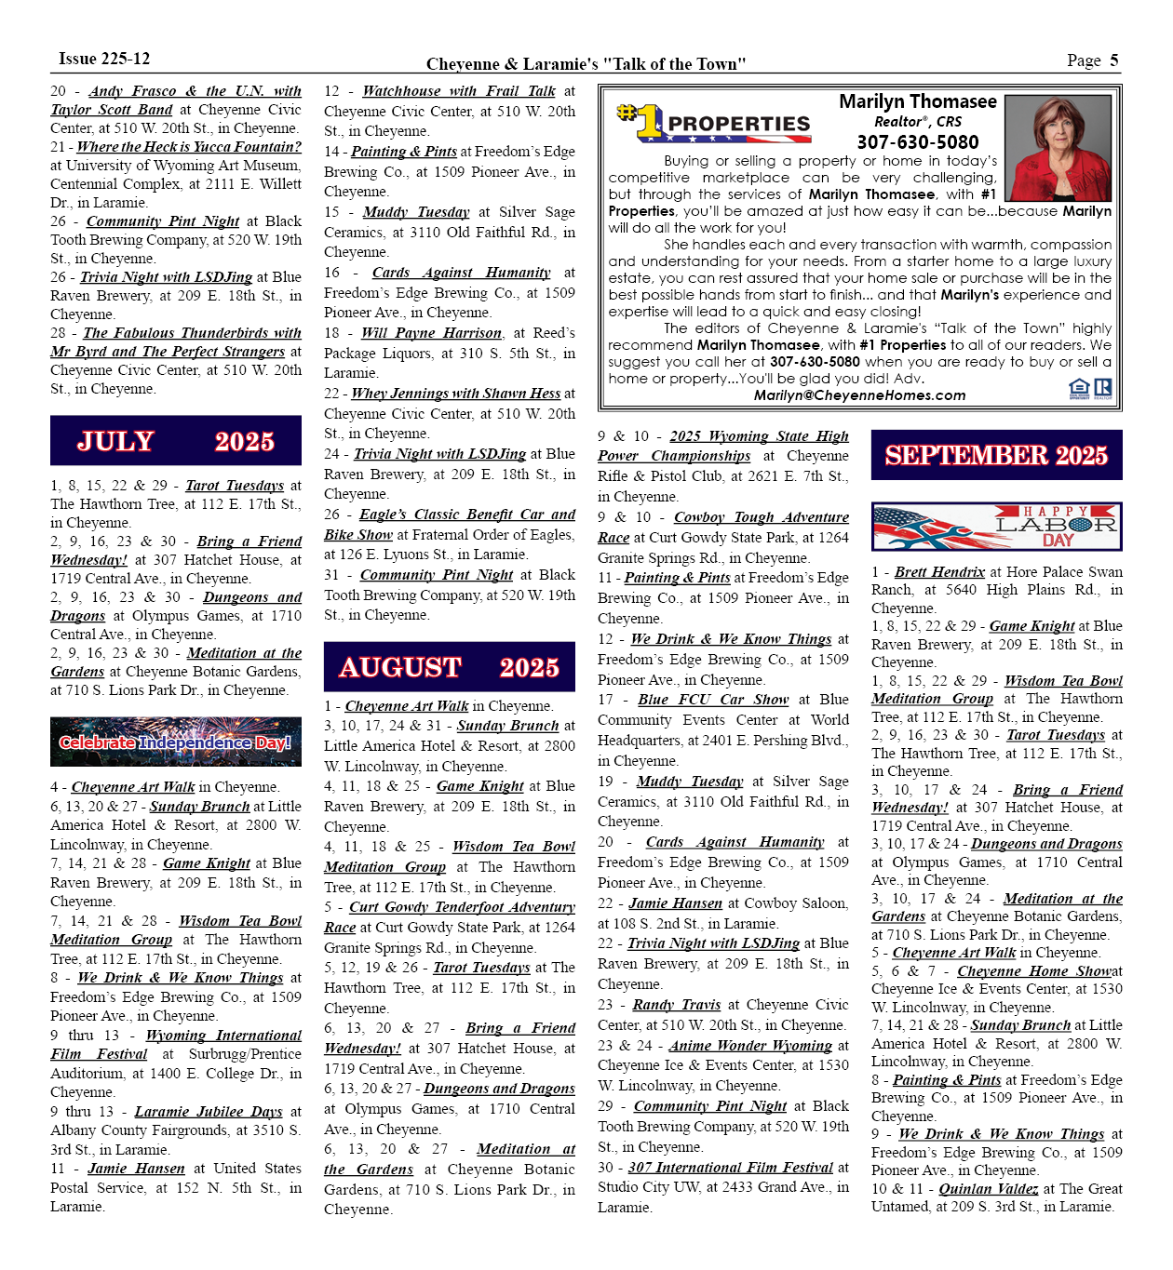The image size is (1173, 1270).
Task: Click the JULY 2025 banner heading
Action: pyautogui.click(x=176, y=441)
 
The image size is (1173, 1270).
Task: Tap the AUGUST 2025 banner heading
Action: pyautogui.click(x=449, y=667)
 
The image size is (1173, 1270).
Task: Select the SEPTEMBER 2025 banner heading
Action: pyautogui.click(x=996, y=455)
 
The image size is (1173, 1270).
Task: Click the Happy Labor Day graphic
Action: pyautogui.click(x=996, y=528)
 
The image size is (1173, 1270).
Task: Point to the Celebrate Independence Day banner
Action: pyautogui.click(x=176, y=742)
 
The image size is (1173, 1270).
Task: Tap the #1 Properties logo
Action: pyautogui.click(x=714, y=123)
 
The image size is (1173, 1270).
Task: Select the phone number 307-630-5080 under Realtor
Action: pyautogui.click(x=917, y=142)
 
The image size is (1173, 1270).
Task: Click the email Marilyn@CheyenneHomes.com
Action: pyautogui.click(x=859, y=395)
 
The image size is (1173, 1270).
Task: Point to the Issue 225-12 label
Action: pyautogui.click(x=104, y=59)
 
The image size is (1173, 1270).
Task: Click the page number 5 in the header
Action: pyautogui.click(x=1113, y=60)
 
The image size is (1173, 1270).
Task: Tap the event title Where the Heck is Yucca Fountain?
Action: pyautogui.click(x=189, y=147)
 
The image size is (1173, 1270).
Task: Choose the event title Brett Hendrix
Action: pyautogui.click(x=939, y=572)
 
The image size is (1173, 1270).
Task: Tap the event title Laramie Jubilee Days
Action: pyautogui.click(x=209, y=1112)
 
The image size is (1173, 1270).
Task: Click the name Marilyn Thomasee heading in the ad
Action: pyautogui.click(x=917, y=101)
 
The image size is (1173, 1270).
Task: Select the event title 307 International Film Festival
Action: pyautogui.click(x=730, y=1168)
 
